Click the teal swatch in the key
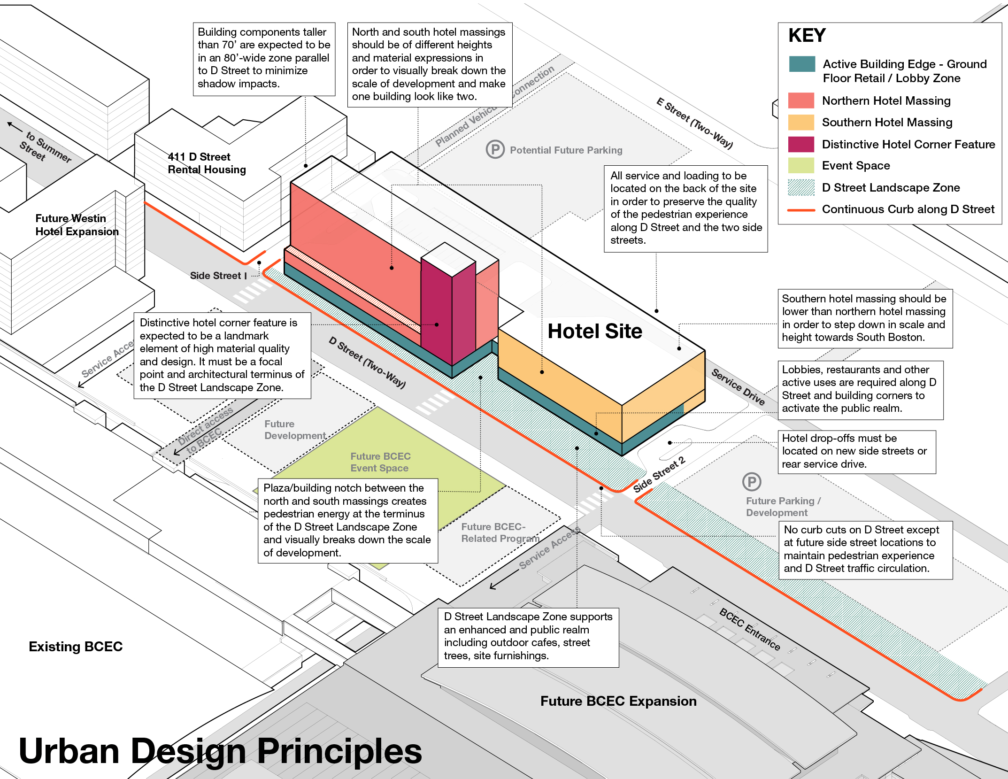(802, 64)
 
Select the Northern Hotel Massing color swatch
(802, 100)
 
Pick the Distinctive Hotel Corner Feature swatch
(802, 144)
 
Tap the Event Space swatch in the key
(802, 166)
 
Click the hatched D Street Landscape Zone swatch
(802, 187)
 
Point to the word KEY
(807, 36)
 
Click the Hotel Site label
(595, 331)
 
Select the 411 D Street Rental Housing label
(207, 163)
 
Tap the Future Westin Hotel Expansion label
(77, 225)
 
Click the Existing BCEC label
(76, 647)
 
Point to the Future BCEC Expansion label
(618, 701)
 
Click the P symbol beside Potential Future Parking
(495, 149)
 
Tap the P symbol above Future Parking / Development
(752, 482)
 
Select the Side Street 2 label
(659, 474)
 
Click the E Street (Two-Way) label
(694, 123)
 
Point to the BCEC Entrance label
(750, 629)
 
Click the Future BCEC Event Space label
(380, 462)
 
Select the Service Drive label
(738, 386)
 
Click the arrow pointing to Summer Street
(15, 126)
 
